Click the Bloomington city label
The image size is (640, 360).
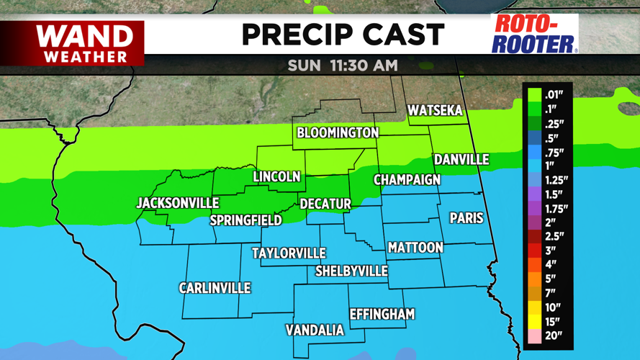(338, 133)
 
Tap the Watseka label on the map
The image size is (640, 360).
(434, 111)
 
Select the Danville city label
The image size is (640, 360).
(461, 160)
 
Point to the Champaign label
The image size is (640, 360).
(407, 180)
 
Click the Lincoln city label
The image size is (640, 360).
(276, 177)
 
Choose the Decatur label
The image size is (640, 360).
(325, 204)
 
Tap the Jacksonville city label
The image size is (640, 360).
(178, 203)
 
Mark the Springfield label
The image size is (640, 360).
(245, 220)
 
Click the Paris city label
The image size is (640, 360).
(466, 217)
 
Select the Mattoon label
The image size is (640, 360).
(415, 248)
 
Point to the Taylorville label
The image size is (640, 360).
(289, 253)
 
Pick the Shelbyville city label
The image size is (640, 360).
(351, 271)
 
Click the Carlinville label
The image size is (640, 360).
(215, 288)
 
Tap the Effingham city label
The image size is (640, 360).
(382, 314)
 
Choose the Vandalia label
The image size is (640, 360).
(315, 330)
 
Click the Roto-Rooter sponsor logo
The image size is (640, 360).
(534, 34)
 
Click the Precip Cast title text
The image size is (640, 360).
(342, 34)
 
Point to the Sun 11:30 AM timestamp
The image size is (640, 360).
(342, 65)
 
